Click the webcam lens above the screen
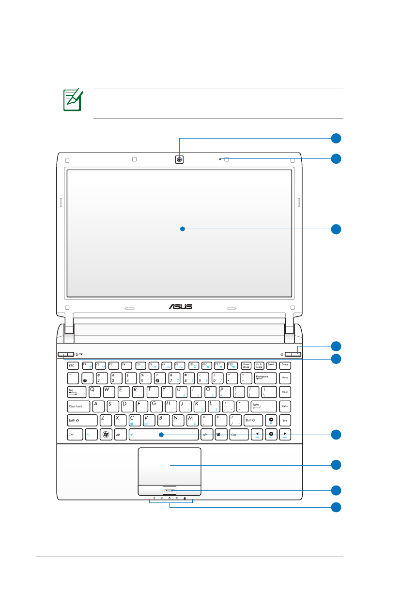[x=180, y=159]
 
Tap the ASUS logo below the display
[x=180, y=307]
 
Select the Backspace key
[x=265, y=378]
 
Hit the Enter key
[x=263, y=406]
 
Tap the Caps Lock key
[x=78, y=406]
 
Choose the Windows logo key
[x=106, y=435]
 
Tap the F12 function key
[x=231, y=365]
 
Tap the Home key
[x=285, y=378]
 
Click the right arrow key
[x=285, y=435]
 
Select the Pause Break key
[x=246, y=365]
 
